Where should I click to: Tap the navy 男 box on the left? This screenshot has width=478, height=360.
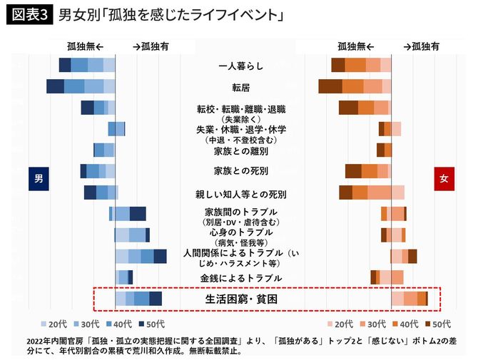(39, 179)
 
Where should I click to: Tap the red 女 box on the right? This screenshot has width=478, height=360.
(444, 179)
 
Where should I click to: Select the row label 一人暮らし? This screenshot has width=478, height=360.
(240, 66)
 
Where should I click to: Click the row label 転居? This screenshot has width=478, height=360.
(240, 87)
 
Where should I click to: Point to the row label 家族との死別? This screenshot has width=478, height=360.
(240, 171)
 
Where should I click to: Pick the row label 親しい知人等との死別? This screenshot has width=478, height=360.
(240, 194)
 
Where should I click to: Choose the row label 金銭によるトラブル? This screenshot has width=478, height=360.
(240, 278)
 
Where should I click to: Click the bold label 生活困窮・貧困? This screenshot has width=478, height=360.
(240, 299)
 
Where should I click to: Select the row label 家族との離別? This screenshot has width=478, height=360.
(240, 151)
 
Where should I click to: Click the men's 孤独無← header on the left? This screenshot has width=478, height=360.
(85, 46)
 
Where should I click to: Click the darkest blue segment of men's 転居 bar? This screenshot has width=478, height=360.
(55, 86)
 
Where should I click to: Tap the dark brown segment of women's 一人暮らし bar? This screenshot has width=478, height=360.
(338, 66)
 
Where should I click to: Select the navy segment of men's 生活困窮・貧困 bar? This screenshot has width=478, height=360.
(156, 299)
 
